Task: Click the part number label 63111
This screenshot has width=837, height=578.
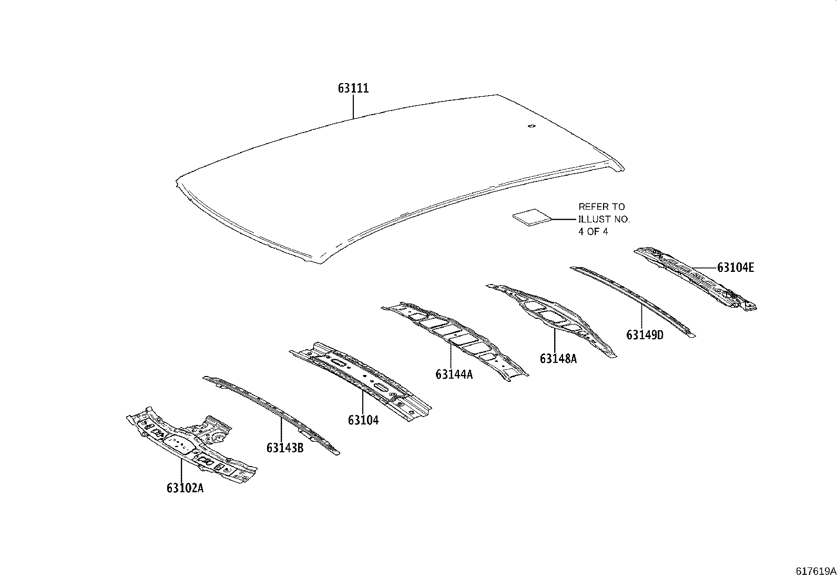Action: click(x=353, y=88)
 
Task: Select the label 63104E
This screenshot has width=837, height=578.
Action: click(x=736, y=268)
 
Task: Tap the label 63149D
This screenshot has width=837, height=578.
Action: click(x=645, y=334)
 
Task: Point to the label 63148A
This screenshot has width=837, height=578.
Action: click(x=558, y=359)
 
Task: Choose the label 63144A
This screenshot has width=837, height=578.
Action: click(x=454, y=374)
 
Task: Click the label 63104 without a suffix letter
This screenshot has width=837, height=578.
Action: click(x=363, y=420)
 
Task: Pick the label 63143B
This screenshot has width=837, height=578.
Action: click(x=285, y=448)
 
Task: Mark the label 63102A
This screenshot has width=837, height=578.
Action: click(x=185, y=488)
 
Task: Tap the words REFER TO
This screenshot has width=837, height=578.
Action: click(x=601, y=207)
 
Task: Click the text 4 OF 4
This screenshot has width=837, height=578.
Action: click(x=593, y=231)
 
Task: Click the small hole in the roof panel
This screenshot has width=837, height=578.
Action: click(x=531, y=126)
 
